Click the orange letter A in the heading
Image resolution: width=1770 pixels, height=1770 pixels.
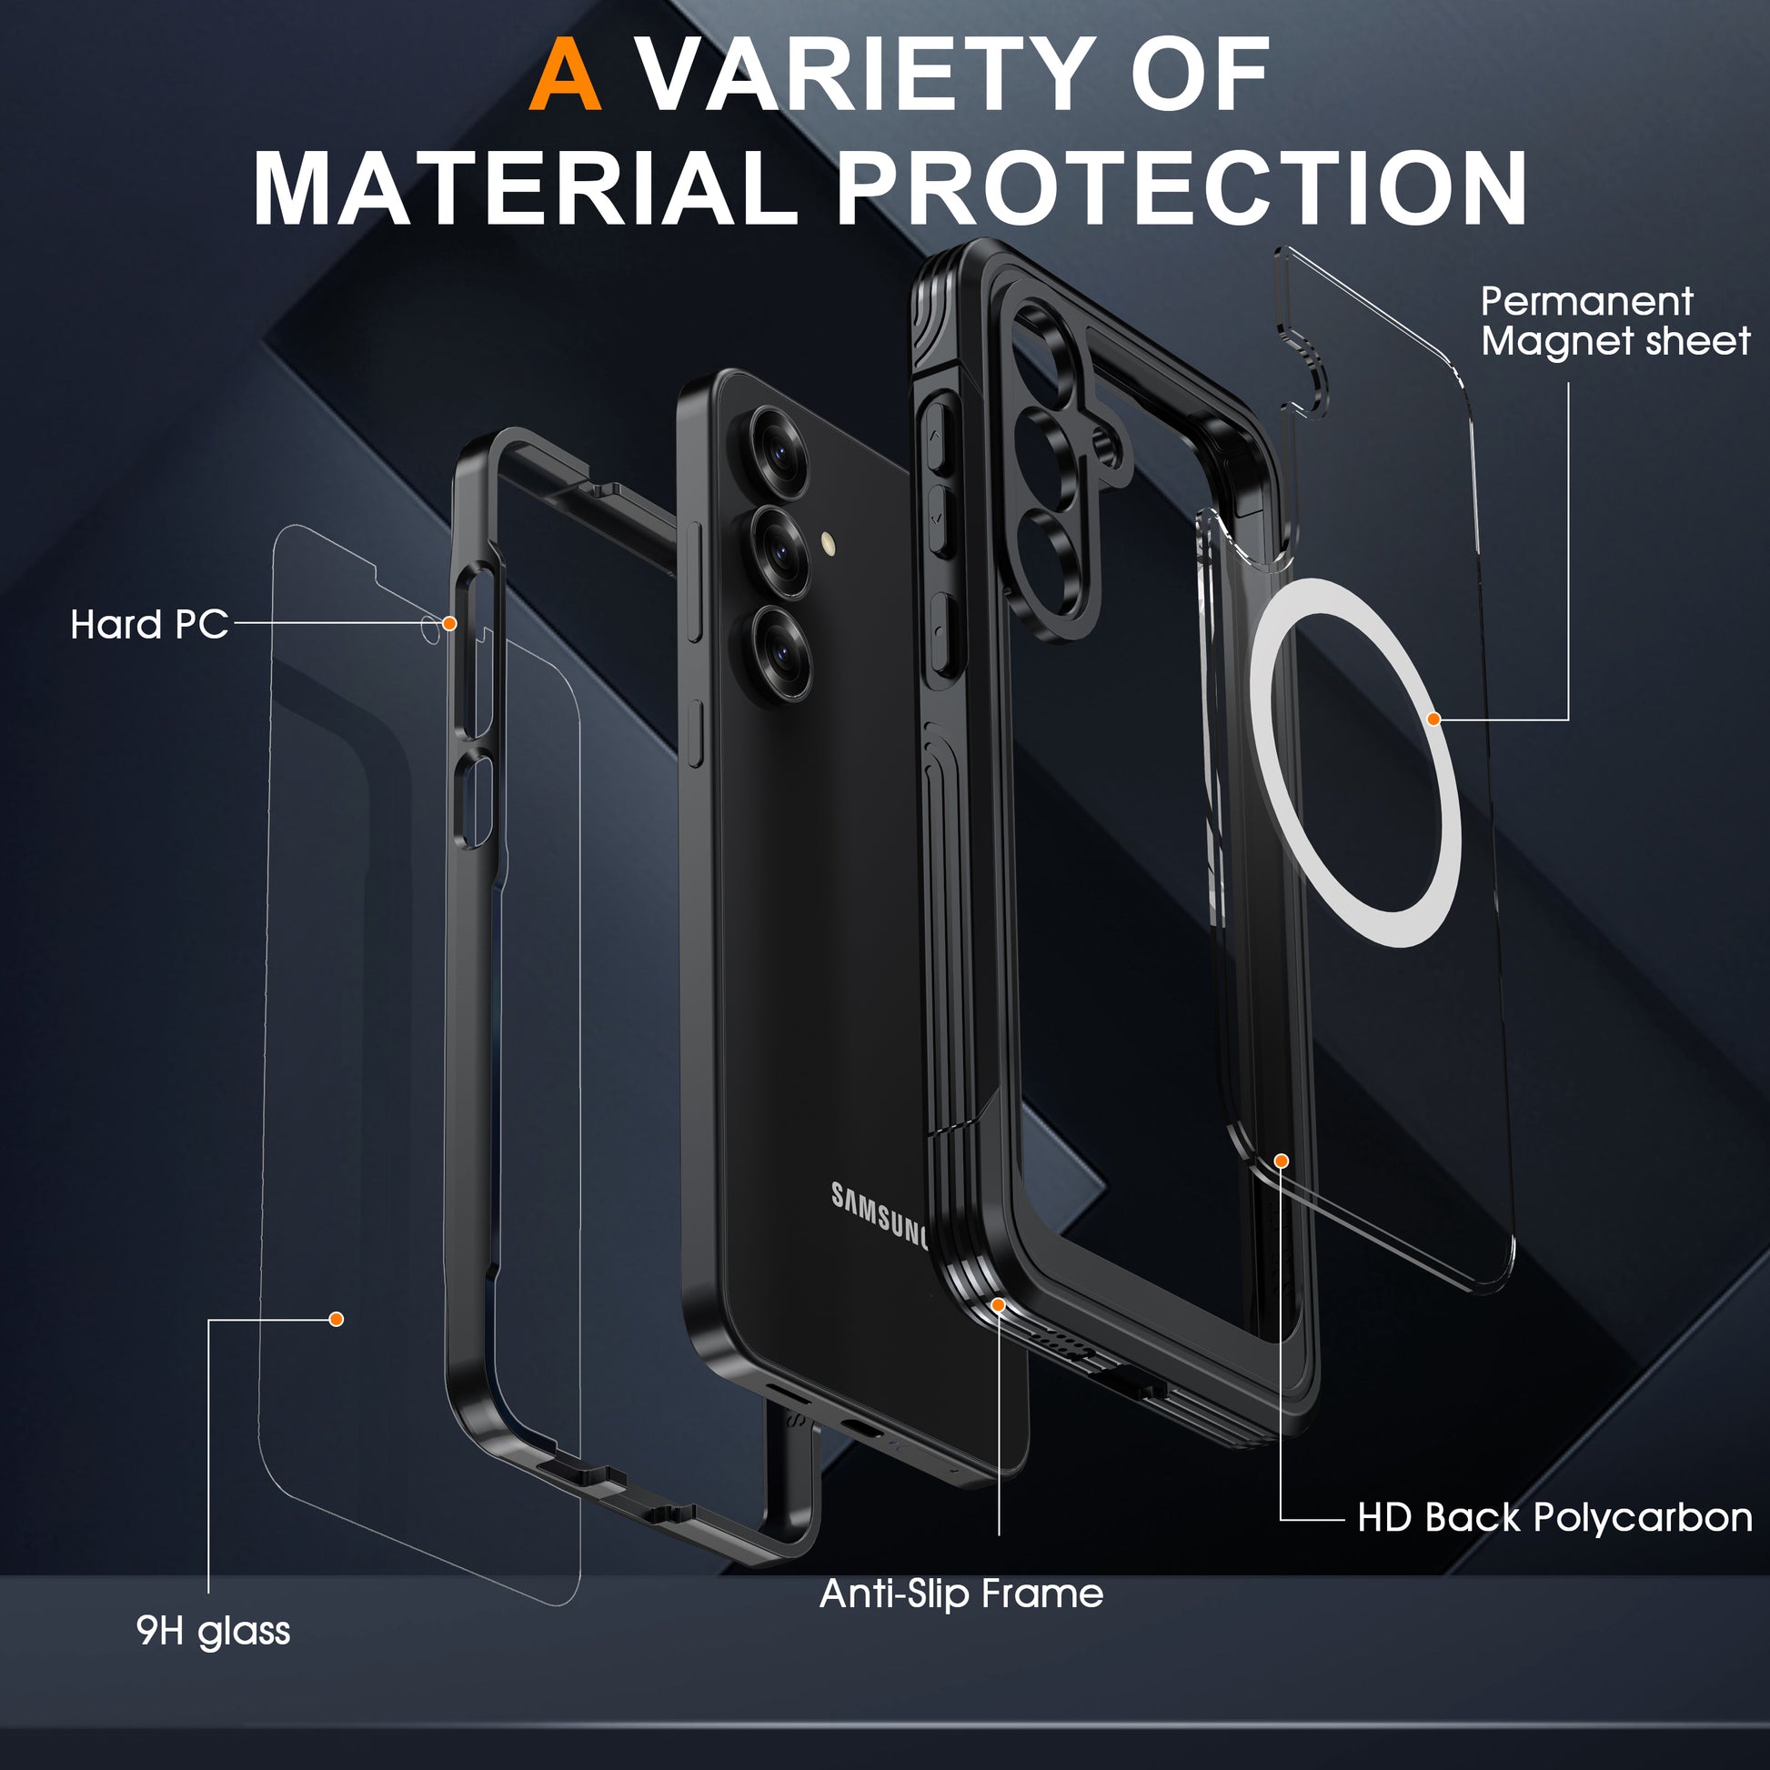[x=565, y=75]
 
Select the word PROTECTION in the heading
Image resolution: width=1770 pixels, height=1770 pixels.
[x=1182, y=188]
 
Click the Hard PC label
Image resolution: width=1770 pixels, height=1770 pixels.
[x=149, y=625]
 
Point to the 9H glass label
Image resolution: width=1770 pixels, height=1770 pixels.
[x=213, y=1631]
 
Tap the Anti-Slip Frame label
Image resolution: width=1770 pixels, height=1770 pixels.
[x=961, y=1594]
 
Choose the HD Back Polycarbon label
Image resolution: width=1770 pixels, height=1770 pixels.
[x=1554, y=1517]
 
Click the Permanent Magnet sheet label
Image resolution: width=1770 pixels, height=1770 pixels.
[x=1614, y=321]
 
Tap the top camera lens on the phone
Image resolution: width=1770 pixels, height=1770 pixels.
[x=779, y=451]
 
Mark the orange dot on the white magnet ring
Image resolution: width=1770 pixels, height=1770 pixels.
[x=1433, y=719]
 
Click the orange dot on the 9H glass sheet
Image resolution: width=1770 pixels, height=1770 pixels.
[x=337, y=1319]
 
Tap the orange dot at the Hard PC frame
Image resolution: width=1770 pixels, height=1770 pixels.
[x=449, y=623]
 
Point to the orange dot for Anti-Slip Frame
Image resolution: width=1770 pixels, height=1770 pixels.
[x=998, y=1303]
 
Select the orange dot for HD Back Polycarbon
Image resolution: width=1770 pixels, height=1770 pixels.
[x=1282, y=1161]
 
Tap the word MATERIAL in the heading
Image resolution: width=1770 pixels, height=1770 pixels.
[x=524, y=188]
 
